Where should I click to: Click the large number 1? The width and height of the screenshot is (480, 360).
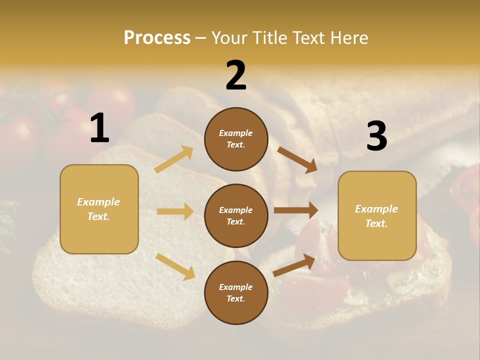point(99,128)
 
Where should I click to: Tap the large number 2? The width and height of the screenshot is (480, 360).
point(236,75)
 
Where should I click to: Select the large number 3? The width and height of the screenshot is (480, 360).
point(376,136)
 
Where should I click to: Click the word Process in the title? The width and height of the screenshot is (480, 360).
point(157,37)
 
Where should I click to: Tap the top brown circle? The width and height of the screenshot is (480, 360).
point(236,139)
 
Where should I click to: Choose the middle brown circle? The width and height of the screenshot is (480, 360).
point(236,215)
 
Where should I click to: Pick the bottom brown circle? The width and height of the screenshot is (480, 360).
point(236,292)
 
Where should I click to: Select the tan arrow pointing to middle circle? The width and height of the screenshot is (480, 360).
point(175,211)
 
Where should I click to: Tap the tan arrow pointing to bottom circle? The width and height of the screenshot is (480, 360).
point(175,266)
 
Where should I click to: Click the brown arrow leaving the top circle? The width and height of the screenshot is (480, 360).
point(297,159)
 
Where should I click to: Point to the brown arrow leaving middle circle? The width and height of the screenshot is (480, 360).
point(296,210)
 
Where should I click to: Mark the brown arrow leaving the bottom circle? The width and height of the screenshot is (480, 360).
point(294,265)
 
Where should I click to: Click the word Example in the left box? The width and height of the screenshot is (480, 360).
point(98,202)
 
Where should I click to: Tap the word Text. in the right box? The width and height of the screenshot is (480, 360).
point(376,223)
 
